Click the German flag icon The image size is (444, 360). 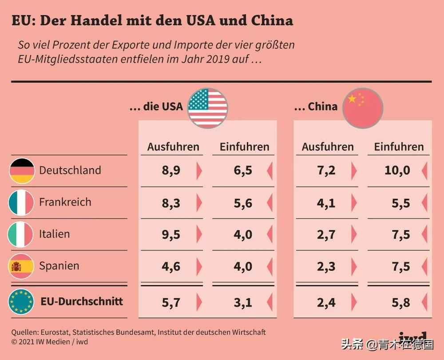[22, 171]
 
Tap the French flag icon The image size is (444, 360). [21, 202]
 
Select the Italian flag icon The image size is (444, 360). [21, 234]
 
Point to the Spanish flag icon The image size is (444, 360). [21, 266]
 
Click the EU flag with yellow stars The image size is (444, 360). [21, 302]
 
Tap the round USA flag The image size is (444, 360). [208, 107]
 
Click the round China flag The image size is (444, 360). [363, 108]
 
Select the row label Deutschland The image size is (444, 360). [70, 170]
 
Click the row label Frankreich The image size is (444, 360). [65, 202]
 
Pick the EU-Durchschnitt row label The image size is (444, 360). [82, 302]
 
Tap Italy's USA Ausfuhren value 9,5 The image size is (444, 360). [171, 234]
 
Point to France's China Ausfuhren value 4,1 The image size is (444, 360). [326, 203]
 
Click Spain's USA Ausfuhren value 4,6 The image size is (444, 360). [171, 266]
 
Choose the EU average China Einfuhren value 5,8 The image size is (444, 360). [401, 303]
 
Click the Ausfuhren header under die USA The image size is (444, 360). [173, 147]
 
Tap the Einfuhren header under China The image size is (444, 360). [399, 147]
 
